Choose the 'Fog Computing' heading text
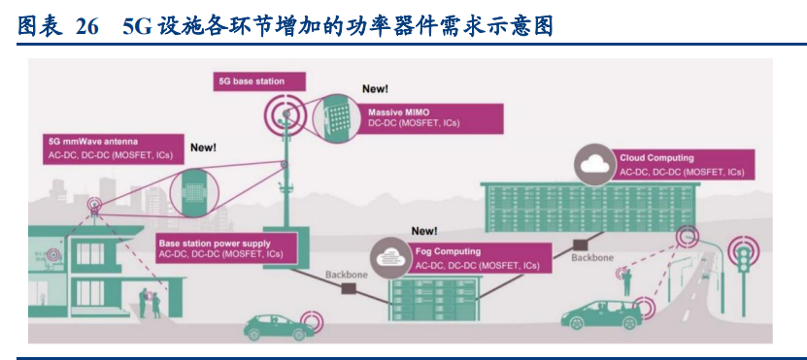click(446, 251)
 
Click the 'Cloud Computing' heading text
click(656, 158)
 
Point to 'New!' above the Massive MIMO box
click(375, 88)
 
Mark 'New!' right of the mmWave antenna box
click(203, 147)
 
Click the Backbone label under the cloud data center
click(591, 258)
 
